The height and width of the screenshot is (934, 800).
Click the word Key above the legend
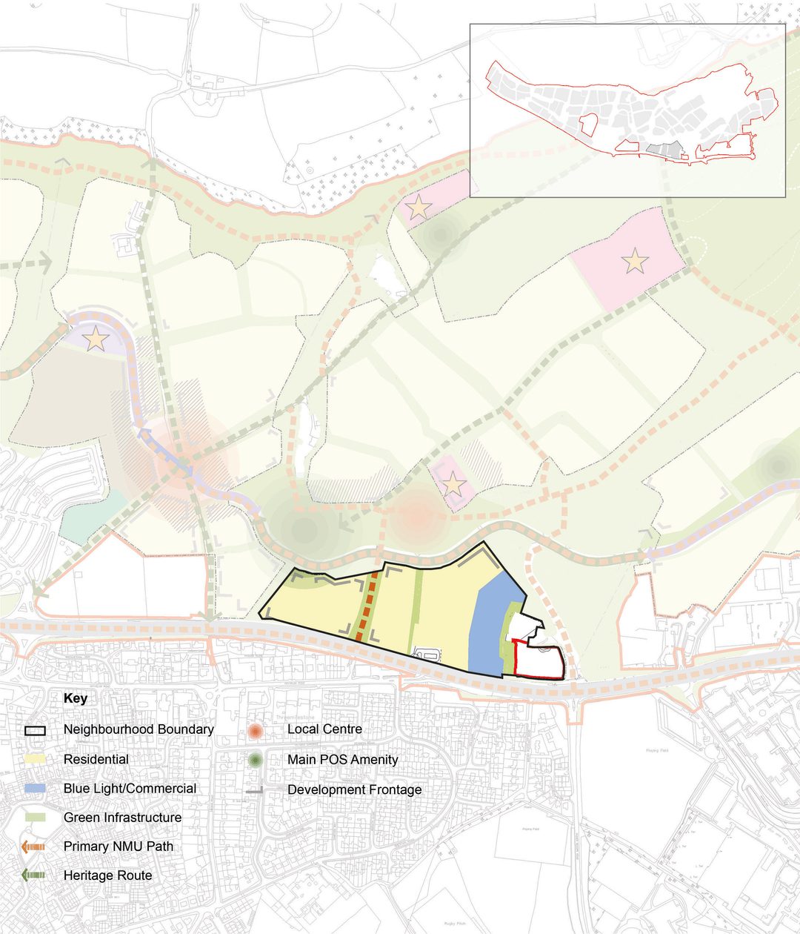click(76, 698)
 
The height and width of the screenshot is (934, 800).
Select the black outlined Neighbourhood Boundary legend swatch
click(34, 729)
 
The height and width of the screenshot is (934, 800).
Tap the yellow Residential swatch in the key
click(34, 759)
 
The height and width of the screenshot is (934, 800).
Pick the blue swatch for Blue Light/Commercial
click(34, 788)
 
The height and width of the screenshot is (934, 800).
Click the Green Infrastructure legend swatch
click(34, 817)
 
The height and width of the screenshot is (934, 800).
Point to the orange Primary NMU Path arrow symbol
click(34, 846)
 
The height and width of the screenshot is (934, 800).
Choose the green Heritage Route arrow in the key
click(34, 875)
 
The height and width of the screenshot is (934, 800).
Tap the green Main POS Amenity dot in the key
click(256, 760)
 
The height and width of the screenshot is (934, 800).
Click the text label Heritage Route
click(107, 875)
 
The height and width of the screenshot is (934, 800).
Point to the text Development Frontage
click(354, 790)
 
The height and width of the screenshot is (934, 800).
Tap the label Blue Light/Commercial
click(130, 789)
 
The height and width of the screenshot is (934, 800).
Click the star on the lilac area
click(96, 340)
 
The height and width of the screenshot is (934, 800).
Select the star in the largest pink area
click(635, 261)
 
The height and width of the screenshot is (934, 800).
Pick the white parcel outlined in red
click(538, 662)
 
